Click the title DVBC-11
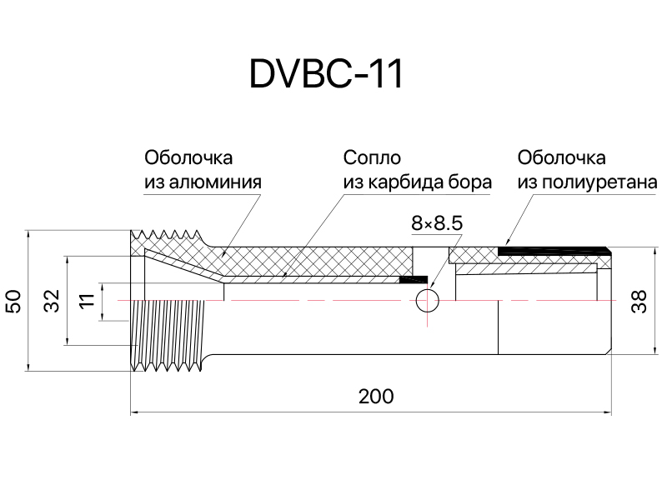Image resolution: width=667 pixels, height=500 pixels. click(x=326, y=74)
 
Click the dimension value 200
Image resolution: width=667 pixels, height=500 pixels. click(x=376, y=397)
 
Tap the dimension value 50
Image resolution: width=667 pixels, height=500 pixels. click(x=14, y=301)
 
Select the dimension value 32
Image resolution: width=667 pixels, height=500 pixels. click(x=53, y=301)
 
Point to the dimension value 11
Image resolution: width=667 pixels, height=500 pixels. click(x=88, y=301)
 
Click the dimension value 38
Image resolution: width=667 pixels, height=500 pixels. click(x=639, y=301)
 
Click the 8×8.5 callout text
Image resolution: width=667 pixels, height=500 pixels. click(x=437, y=223)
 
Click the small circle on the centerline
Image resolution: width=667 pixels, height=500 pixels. click(x=428, y=301)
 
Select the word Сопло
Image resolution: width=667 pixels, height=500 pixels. click(x=372, y=157)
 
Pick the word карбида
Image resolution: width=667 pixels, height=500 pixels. click(x=406, y=182)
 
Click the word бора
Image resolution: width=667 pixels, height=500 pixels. click(x=470, y=182)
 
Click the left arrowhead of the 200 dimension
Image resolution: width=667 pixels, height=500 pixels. click(x=134, y=412)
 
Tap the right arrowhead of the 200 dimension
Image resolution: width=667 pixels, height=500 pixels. click(x=608, y=412)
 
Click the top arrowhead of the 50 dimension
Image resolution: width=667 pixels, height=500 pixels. click(x=28, y=235)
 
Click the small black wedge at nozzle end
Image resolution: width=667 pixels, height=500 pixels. click(x=413, y=279)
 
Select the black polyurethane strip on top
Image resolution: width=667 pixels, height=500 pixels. click(x=554, y=251)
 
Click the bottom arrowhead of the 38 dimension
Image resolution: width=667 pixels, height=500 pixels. click(x=654, y=349)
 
